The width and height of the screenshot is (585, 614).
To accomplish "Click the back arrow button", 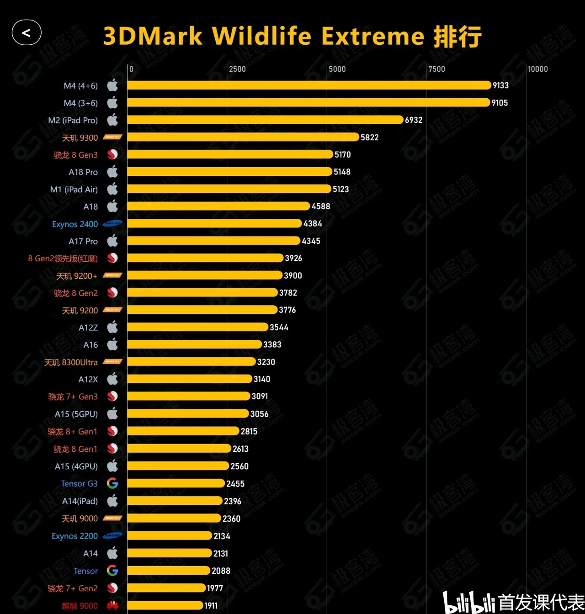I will point(27,33).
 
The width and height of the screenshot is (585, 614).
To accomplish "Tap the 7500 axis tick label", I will point(436,69).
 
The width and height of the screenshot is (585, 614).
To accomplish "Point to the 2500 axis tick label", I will point(237,69).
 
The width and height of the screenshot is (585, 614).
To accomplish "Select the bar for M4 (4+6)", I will point(309,85).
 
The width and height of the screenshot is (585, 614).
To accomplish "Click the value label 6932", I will point(414,120).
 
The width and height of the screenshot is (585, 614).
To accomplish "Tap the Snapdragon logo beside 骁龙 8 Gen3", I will point(112,155).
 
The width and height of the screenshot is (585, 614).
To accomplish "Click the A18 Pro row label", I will point(83,172).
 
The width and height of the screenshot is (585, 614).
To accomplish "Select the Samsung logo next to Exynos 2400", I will point(112,224).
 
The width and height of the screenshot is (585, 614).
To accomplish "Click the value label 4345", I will point(311,241).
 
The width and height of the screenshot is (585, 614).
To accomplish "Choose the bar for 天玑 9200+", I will point(205,275).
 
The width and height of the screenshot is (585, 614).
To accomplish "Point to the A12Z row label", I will point(88,328).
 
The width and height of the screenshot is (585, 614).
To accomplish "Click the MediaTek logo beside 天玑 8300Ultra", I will point(112,362).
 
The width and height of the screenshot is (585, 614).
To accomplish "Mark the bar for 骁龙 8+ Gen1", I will point(183,431).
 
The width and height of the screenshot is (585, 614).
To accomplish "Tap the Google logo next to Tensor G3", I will point(112,483).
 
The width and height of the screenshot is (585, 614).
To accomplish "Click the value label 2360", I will point(231,519).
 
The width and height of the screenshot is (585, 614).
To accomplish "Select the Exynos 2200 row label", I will point(74,536).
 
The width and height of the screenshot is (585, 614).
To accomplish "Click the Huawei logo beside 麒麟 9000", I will point(112,606).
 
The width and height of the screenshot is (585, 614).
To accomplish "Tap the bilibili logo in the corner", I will point(469,603).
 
